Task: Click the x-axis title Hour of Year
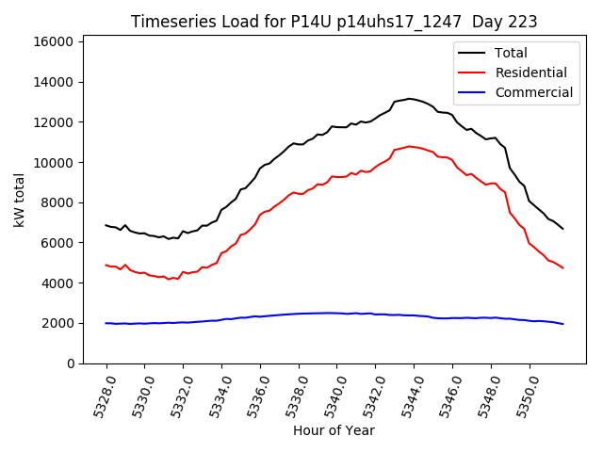pyautogui.click(x=333, y=430)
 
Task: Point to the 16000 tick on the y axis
pyautogui.click(x=54, y=41)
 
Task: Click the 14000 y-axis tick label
pyautogui.click(x=54, y=82)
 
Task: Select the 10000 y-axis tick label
pyautogui.click(x=54, y=162)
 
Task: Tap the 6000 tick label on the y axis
pyautogui.click(x=57, y=243)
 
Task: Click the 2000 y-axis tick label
pyautogui.click(x=57, y=323)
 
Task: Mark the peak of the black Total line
pyautogui.click(x=409, y=98)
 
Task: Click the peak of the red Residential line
pyautogui.click(x=409, y=146)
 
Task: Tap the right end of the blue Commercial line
pyautogui.click(x=562, y=324)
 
